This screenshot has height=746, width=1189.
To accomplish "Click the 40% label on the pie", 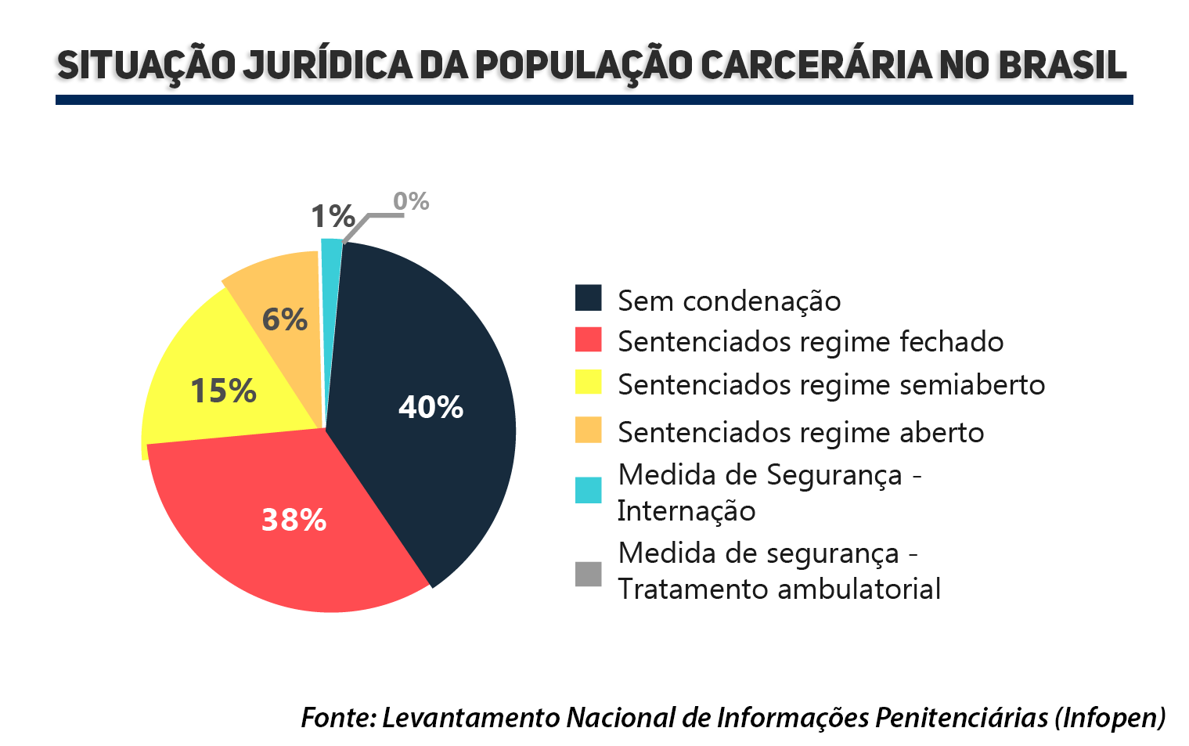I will [x=431, y=407].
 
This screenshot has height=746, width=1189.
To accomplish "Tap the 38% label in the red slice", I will [x=294, y=520].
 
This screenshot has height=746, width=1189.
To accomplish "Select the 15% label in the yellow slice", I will [x=223, y=391].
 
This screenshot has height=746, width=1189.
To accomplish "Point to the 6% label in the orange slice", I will [x=284, y=319].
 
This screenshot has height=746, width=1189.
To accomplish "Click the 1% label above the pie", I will [x=333, y=216].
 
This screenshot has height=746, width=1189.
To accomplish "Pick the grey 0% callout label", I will [x=411, y=202].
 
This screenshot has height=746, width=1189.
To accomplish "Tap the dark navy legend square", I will [x=588, y=298].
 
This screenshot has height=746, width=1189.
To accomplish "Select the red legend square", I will [x=588, y=340].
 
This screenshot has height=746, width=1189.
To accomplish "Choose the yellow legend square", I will [x=588, y=382].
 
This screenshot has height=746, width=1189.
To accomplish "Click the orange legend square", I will [x=588, y=430].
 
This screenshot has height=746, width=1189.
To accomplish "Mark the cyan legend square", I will [x=588, y=490].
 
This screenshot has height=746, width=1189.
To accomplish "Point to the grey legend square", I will [x=588, y=573].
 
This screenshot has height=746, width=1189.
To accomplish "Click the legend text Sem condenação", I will [x=729, y=301].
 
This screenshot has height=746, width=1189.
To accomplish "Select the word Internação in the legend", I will [x=686, y=511].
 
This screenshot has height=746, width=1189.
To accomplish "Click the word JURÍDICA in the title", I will [x=327, y=65].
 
